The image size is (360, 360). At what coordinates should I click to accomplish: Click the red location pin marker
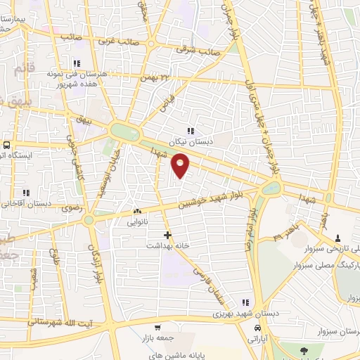[181, 166]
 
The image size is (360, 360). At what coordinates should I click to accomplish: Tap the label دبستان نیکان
[191, 140]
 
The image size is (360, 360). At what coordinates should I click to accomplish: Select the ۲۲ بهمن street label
[155, 77]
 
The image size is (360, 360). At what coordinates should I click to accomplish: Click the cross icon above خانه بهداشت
[167, 234]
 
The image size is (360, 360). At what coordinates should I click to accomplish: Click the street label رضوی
[72, 207]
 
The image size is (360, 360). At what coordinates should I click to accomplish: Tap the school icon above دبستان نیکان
[191, 130]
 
